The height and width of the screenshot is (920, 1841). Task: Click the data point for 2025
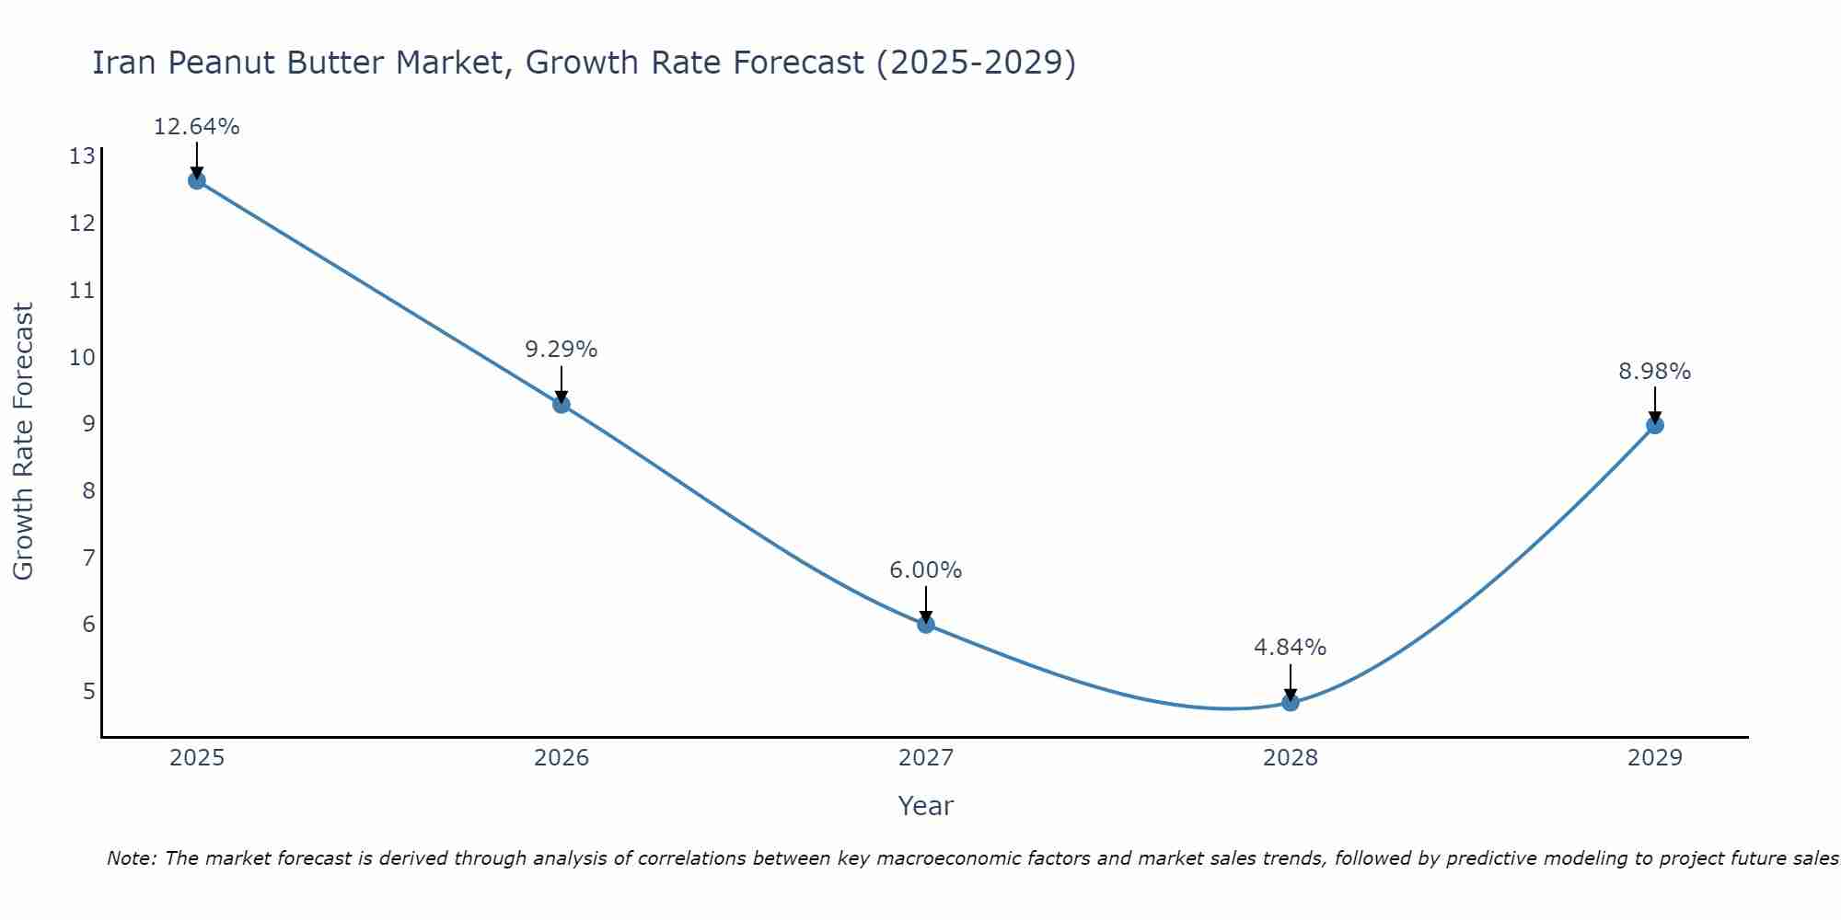[x=196, y=180]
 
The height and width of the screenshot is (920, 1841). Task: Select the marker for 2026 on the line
[x=562, y=404]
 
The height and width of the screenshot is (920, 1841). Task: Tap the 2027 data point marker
[x=926, y=625]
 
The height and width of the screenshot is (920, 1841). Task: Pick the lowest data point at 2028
[x=1291, y=702]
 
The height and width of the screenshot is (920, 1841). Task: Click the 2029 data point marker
[x=1655, y=425]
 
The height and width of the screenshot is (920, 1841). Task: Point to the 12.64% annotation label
[x=196, y=127]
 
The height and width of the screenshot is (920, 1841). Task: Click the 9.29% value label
[x=562, y=350]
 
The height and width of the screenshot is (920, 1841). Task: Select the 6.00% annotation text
[x=926, y=570]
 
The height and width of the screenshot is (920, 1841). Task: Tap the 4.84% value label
[x=1291, y=648]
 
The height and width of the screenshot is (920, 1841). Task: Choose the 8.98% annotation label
[x=1655, y=372]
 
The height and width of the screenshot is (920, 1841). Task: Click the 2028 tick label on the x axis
[x=1291, y=758]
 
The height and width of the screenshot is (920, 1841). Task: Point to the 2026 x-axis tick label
[x=562, y=758]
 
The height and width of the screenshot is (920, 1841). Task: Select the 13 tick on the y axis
[x=82, y=156]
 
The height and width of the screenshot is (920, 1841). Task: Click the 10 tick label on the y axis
[x=82, y=357]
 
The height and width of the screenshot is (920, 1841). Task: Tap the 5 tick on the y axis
[x=88, y=691]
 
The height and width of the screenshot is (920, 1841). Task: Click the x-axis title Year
[x=926, y=806]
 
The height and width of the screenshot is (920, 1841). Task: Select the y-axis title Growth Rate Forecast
[x=23, y=442]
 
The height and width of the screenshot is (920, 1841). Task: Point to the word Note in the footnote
[x=131, y=858]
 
